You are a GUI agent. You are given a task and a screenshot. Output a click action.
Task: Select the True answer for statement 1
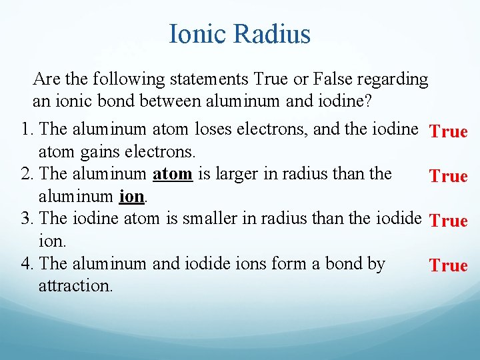[x=449, y=131]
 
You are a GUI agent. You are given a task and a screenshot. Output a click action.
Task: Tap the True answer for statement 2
[x=449, y=176]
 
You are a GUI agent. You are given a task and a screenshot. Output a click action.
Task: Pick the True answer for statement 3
[x=449, y=221]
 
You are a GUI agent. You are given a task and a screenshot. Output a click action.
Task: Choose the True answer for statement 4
[x=449, y=265]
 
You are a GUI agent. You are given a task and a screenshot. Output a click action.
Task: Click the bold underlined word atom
[x=173, y=175]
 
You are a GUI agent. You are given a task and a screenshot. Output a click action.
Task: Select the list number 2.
[x=26, y=175]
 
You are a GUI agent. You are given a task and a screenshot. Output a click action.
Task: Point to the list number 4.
[x=26, y=264]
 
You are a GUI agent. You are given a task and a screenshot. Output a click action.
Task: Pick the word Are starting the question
[x=46, y=79]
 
